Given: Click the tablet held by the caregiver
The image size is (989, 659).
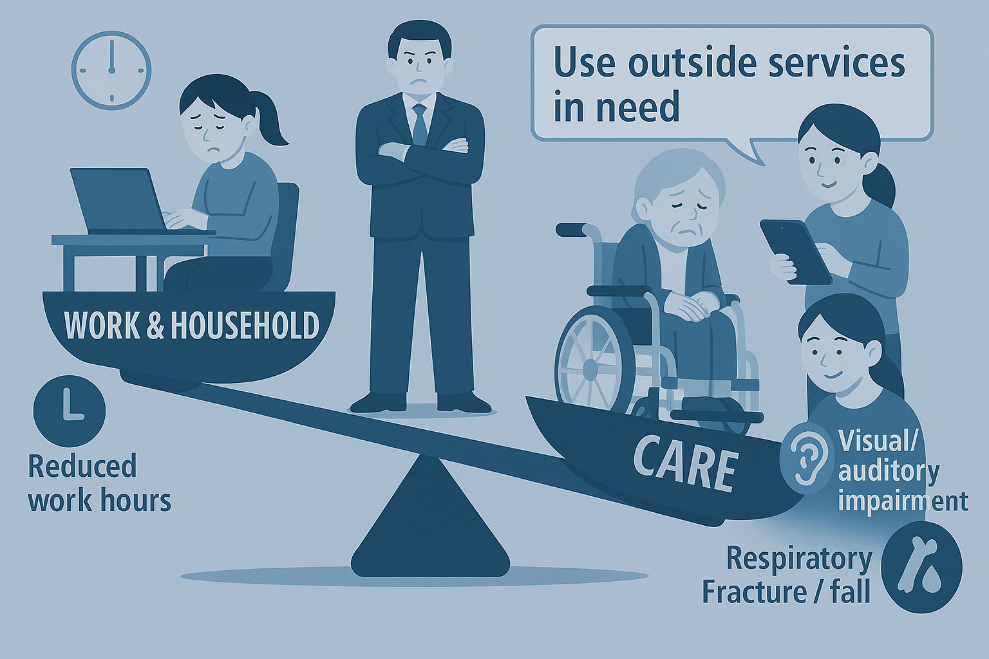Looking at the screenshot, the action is (795, 252).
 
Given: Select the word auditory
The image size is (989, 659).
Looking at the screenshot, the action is (889, 474).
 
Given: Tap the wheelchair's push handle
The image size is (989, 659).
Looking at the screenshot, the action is (574, 229).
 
